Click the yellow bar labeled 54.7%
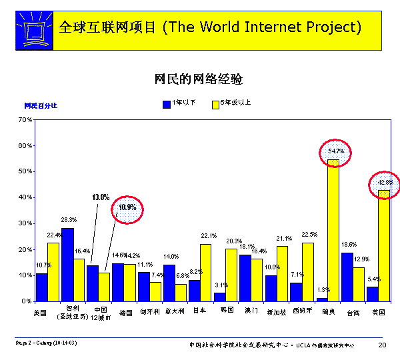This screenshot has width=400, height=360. click(x=333, y=230)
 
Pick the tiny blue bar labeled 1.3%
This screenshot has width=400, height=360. click(x=321, y=299)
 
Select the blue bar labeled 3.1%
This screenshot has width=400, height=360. click(x=219, y=297)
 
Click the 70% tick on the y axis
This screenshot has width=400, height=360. click(x=25, y=120)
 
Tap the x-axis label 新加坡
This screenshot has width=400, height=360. click(x=276, y=311)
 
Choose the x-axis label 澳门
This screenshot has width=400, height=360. click(x=250, y=311)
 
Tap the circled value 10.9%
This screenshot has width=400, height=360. click(x=127, y=207)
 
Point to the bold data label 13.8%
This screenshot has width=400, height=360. click(x=100, y=197)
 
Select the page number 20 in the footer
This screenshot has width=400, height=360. click(x=382, y=345)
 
